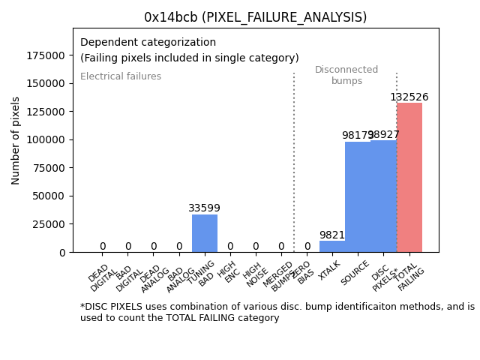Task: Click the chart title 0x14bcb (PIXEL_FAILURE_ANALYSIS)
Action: (255, 17)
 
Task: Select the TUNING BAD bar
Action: (205, 233)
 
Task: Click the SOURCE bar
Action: (358, 197)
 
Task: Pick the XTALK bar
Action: (332, 247)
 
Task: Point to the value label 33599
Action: (204, 208)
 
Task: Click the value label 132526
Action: (409, 97)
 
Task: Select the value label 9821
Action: (331, 235)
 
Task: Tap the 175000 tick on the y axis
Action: (46, 55)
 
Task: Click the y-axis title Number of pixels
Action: (16, 140)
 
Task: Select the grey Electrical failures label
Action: (121, 76)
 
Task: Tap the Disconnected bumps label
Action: (346, 76)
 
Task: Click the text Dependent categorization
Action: (148, 43)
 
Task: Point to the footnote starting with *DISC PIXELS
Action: (277, 312)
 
